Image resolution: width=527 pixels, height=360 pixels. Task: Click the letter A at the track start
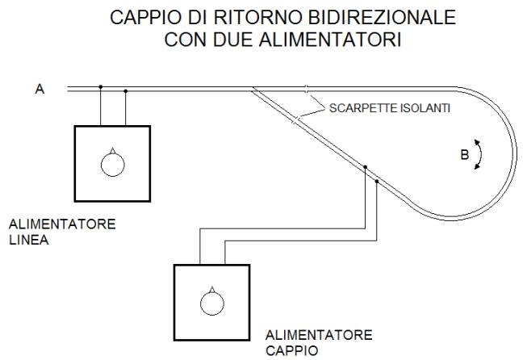[39, 90]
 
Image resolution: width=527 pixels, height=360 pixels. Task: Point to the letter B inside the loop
[464, 155]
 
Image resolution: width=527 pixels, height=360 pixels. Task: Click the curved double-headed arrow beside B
[479, 153]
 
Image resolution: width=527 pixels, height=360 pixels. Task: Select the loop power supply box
[211, 300]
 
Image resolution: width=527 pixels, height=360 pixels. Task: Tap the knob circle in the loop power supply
[211, 302]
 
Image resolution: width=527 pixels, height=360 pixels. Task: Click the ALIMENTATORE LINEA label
[61, 230]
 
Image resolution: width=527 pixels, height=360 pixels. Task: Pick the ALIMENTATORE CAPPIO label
[319, 341]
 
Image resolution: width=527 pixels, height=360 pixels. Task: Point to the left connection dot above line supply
[100, 86]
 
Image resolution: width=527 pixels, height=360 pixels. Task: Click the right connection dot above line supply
[126, 91]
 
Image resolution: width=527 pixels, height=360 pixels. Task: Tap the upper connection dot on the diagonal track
[365, 167]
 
